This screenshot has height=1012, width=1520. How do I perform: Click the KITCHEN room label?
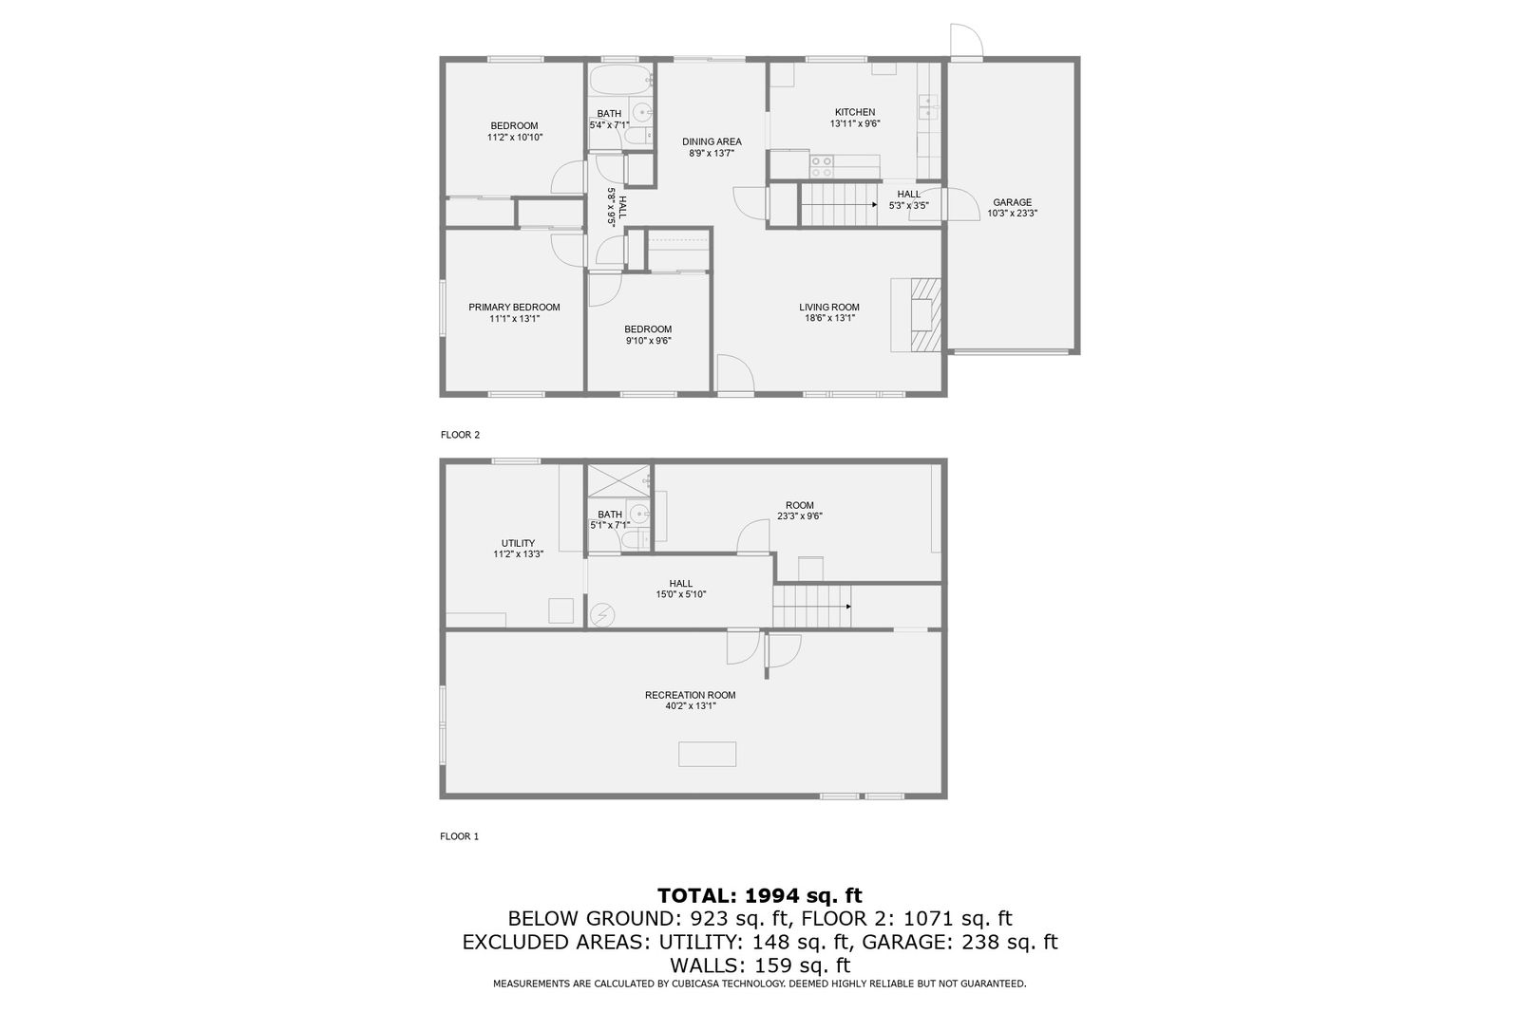[x=854, y=112]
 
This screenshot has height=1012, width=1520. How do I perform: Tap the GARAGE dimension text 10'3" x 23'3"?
[x=1012, y=213]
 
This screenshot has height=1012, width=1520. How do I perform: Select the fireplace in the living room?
[x=916, y=315]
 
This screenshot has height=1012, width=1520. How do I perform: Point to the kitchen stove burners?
[x=822, y=166]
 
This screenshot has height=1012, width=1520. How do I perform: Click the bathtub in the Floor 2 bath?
[x=620, y=81]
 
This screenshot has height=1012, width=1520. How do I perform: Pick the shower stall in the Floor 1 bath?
[x=618, y=481]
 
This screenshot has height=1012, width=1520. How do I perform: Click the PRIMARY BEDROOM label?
[x=514, y=308]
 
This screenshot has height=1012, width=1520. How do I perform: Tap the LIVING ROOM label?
[x=828, y=308]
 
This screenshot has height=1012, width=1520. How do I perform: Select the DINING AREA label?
[x=712, y=141]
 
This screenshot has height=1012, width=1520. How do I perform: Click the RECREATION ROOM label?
[x=690, y=695]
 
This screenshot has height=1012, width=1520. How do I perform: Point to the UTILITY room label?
[x=518, y=543]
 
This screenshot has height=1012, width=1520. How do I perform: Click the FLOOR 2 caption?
[x=460, y=435]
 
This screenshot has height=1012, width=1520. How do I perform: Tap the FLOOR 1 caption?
[x=460, y=836]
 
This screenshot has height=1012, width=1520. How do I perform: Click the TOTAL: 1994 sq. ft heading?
[x=760, y=895]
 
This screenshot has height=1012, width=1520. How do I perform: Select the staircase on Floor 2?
[x=840, y=205]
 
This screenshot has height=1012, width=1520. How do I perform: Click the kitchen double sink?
[x=927, y=107]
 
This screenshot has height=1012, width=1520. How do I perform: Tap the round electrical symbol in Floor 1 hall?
[x=602, y=615]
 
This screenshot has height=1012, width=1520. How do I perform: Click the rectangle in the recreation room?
[x=707, y=754]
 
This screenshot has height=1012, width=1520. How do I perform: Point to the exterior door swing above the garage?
[x=966, y=41]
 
